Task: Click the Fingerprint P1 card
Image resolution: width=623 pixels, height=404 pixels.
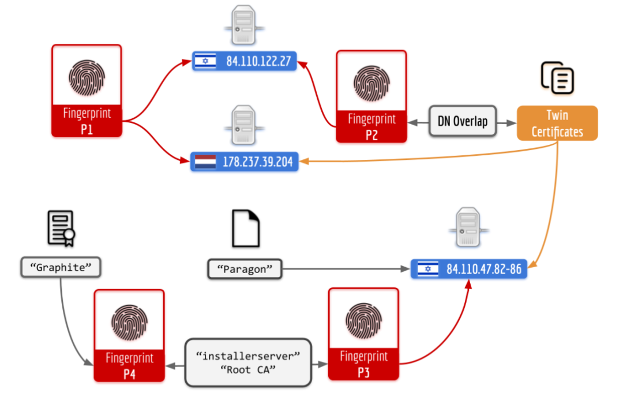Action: (x=87, y=91)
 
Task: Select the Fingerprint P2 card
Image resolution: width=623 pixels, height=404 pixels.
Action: (x=371, y=96)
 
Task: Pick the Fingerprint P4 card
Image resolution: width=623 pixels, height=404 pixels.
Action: (x=129, y=335)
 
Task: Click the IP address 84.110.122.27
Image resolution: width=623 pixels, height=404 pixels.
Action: (x=258, y=61)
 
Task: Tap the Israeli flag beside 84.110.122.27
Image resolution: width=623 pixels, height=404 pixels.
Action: (x=204, y=61)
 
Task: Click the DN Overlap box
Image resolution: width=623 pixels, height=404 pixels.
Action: (x=462, y=121)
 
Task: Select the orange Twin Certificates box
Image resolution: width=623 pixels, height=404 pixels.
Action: (x=557, y=123)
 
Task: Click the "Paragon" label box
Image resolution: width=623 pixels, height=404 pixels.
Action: (x=245, y=269)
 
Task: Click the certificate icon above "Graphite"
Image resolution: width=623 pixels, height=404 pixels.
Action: (x=61, y=229)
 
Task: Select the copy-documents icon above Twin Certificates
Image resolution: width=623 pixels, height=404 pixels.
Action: (x=557, y=78)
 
